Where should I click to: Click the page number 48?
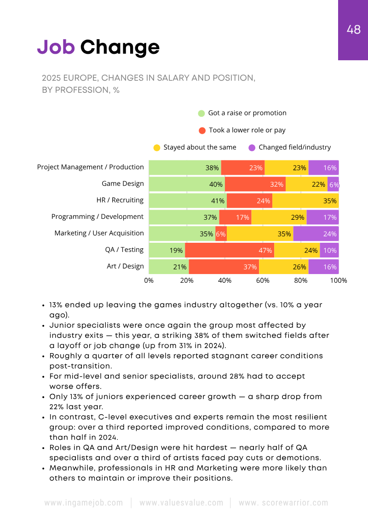(x=353, y=30)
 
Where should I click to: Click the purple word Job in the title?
(x=56, y=47)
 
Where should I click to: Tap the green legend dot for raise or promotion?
(x=201, y=114)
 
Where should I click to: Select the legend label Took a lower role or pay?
(x=247, y=130)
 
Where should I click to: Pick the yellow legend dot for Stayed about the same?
(x=157, y=148)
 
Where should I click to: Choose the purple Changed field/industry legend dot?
(x=252, y=148)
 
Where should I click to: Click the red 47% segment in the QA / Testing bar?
(x=230, y=251)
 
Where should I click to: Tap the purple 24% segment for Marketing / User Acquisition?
(x=316, y=234)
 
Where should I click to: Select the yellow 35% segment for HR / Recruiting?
(x=305, y=200)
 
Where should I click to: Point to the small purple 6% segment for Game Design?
(x=333, y=184)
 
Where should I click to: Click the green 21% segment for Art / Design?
(x=168, y=267)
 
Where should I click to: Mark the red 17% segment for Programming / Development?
(x=235, y=217)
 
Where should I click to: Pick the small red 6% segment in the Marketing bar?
(x=221, y=234)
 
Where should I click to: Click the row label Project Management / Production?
(x=90, y=167)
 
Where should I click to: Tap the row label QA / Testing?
(x=124, y=250)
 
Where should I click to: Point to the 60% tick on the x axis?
(x=263, y=280)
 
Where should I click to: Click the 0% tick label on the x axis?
(x=149, y=280)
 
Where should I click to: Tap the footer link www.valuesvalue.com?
(x=181, y=503)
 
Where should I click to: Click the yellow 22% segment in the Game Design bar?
(x=306, y=184)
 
